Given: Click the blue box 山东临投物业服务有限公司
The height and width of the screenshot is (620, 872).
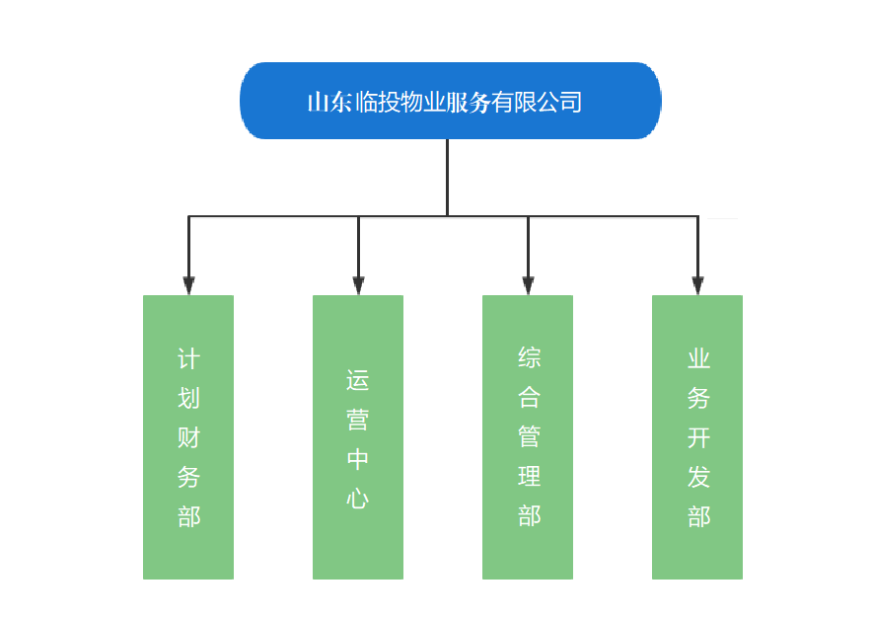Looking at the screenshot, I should tap(450, 101).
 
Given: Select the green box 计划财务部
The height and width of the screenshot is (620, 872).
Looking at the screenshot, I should tap(188, 436).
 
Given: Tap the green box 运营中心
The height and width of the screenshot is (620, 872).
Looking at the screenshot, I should tap(358, 436).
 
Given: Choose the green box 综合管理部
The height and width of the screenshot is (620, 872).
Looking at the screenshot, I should tap(528, 436).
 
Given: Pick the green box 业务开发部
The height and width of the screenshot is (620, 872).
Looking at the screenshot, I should tap(697, 436).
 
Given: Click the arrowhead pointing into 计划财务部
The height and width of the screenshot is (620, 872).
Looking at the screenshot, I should tap(188, 285).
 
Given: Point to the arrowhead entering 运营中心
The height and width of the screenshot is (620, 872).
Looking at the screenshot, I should tap(358, 285).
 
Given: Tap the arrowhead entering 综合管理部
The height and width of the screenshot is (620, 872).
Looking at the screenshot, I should tap(528, 285).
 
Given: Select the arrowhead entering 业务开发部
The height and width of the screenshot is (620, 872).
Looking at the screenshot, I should tap(697, 285).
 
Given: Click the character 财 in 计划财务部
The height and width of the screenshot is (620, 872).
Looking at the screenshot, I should tap(188, 437).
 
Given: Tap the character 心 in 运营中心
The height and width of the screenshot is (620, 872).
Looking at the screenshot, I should tap(358, 498).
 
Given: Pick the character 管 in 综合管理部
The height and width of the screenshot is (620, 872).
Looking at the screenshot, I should tap(529, 437).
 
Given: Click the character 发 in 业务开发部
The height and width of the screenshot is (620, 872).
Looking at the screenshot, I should tap(698, 477).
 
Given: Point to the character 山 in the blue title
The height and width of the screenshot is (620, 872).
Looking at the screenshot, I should tap(319, 103).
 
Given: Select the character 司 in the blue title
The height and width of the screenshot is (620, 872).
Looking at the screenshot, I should tap(570, 103).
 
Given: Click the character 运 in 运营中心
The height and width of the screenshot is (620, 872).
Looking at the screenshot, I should tap(358, 379).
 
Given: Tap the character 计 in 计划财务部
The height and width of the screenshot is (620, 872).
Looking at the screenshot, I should tap(188, 358).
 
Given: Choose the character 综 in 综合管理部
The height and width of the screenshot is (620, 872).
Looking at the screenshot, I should tap(529, 358).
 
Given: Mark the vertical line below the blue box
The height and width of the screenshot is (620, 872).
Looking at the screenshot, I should tap(447, 178).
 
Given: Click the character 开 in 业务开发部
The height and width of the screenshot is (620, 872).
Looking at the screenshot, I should tap(698, 437).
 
